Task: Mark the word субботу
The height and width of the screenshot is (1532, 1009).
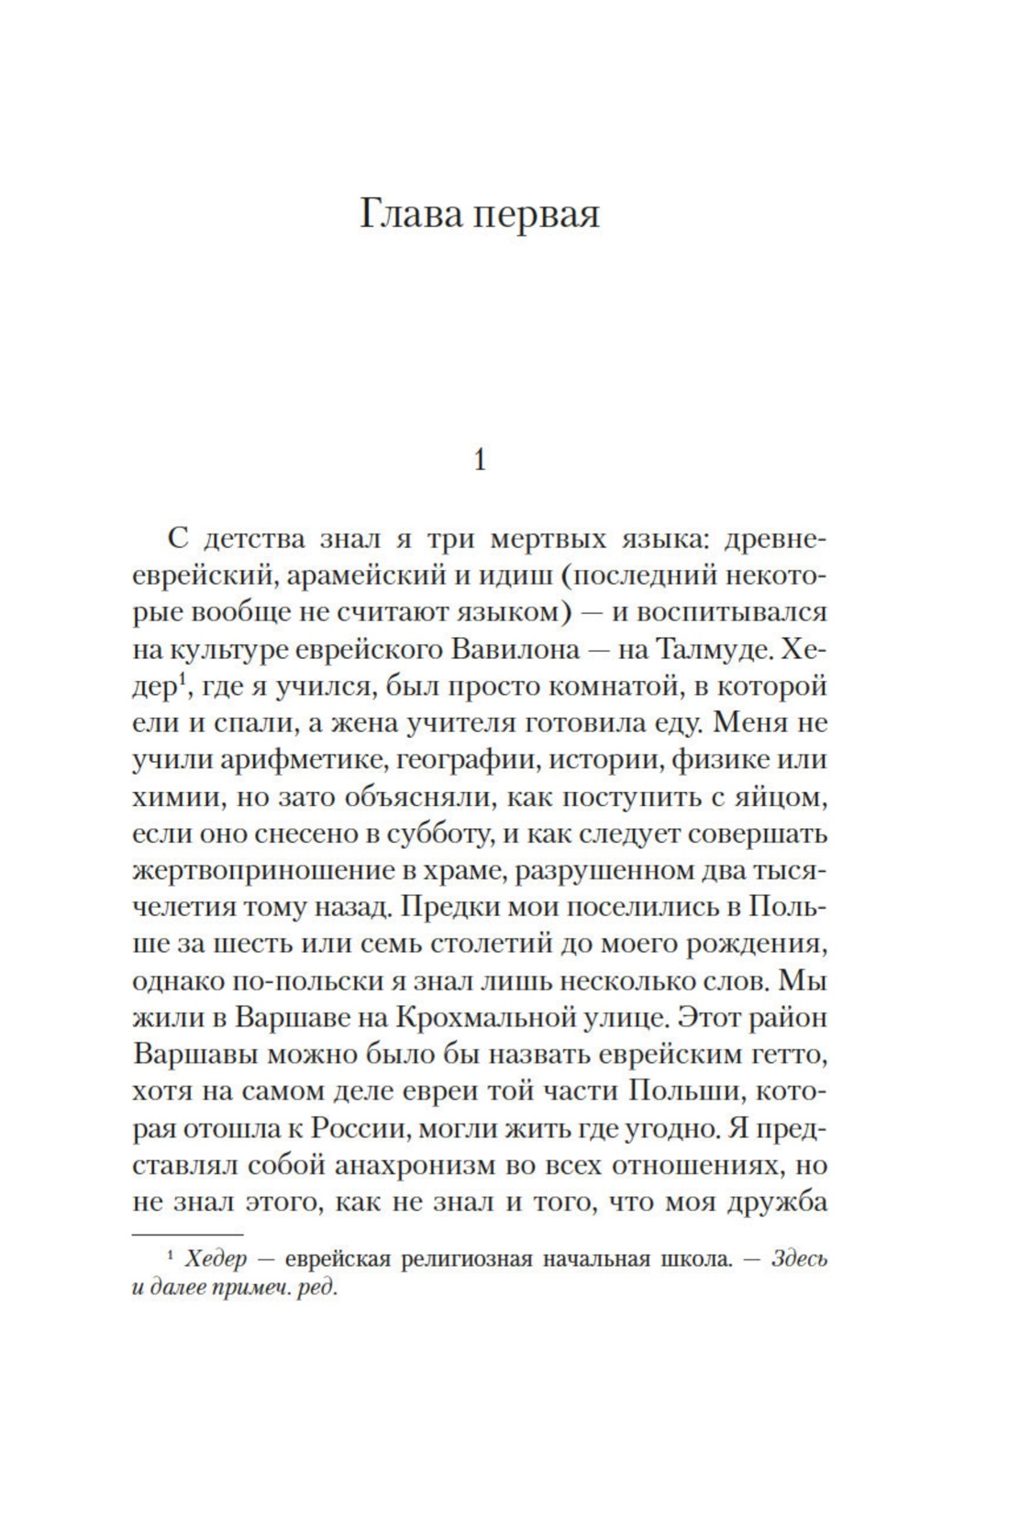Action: click(431, 834)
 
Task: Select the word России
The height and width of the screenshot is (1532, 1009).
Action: click(353, 1128)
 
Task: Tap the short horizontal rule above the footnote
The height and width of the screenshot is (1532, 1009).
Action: click(188, 1236)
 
